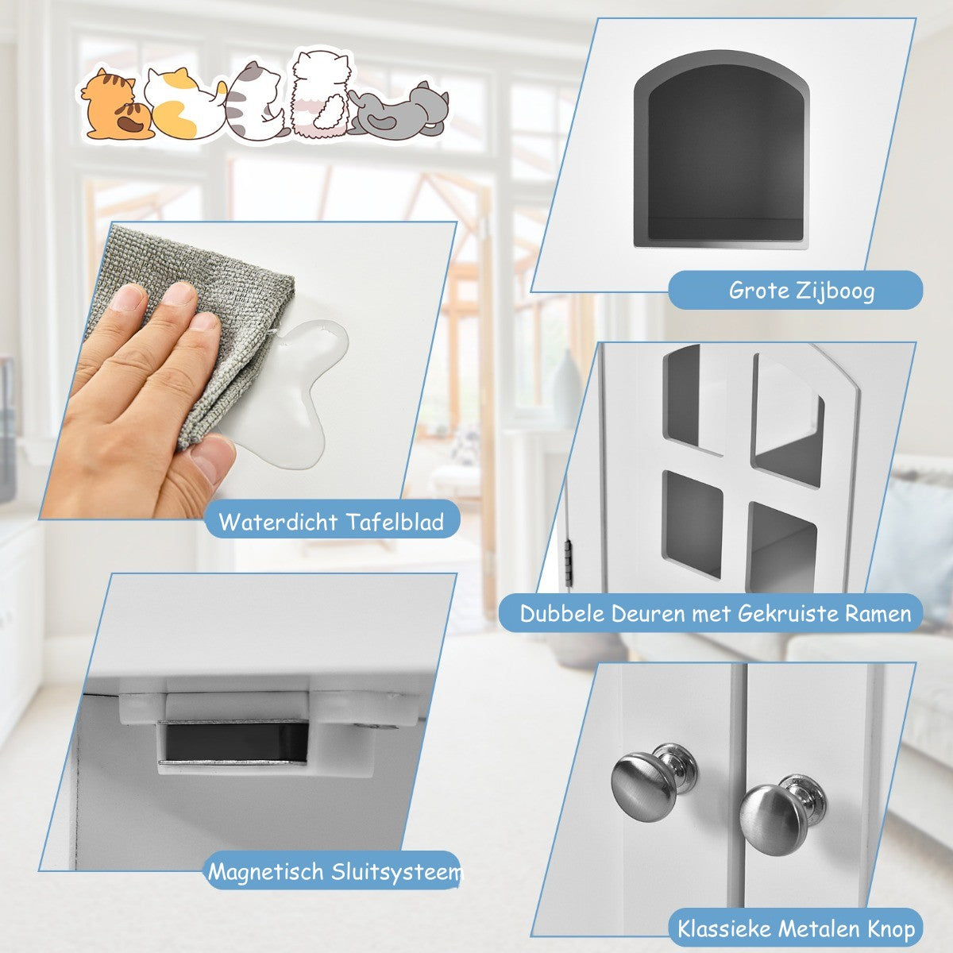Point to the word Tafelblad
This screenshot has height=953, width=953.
click(394, 522)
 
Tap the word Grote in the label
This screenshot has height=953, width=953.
click(759, 291)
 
